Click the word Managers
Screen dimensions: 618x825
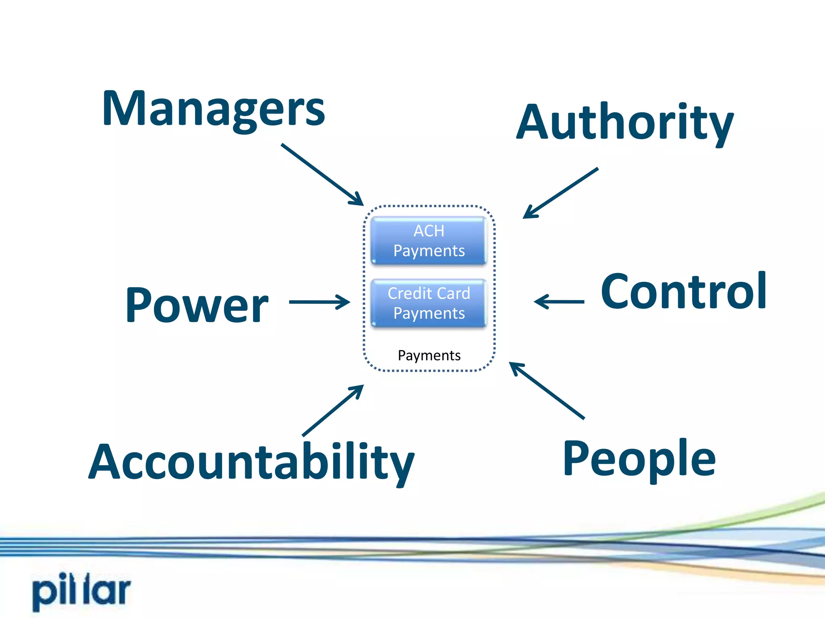tap(214, 109)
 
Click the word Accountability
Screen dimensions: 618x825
tap(251, 463)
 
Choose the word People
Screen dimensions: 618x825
tap(639, 459)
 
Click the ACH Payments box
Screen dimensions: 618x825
tap(429, 241)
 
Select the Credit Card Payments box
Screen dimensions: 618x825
tap(429, 303)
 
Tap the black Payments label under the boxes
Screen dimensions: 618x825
tap(429, 355)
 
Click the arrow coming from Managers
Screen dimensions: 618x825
tap(322, 174)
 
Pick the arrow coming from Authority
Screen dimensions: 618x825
tap(561, 193)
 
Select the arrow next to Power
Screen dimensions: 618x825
tap(319, 302)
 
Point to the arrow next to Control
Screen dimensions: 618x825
tap(559, 301)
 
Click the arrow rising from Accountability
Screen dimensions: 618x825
tap(333, 410)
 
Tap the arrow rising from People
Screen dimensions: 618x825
tap(547, 390)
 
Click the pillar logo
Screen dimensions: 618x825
tap(82, 590)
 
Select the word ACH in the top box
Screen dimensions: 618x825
tap(429, 231)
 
